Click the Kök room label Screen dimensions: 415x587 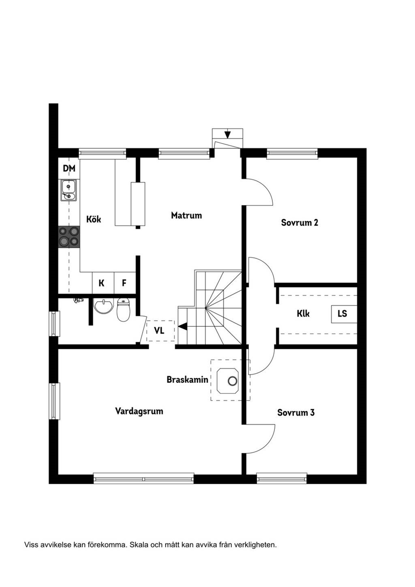[x=94, y=219]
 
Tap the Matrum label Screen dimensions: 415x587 [x=186, y=215]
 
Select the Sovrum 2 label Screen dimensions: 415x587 [x=300, y=223]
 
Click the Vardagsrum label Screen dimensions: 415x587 [x=139, y=411]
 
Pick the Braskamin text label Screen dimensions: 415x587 [x=187, y=379]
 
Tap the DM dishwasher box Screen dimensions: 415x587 [x=69, y=168]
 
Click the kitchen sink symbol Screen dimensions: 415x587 [x=69, y=190]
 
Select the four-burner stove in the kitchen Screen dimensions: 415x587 [x=69, y=237]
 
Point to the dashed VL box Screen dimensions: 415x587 [x=160, y=331]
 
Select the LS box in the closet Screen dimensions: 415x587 [x=344, y=314]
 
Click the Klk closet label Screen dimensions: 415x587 [x=303, y=314]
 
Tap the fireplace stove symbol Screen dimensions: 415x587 [x=228, y=381]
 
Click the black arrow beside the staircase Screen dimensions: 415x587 [x=182, y=326]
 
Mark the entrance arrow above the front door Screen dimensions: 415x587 [x=228, y=134]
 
